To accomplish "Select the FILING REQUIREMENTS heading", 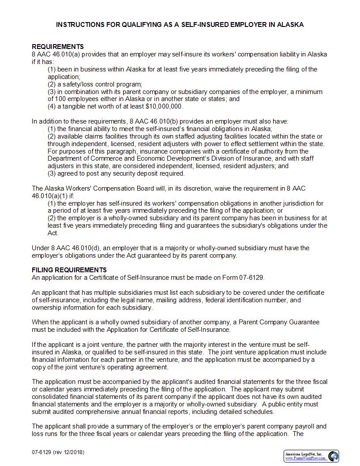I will click(69, 270).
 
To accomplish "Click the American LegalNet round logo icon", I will click(334, 455).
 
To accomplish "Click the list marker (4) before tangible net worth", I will click(52, 106).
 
